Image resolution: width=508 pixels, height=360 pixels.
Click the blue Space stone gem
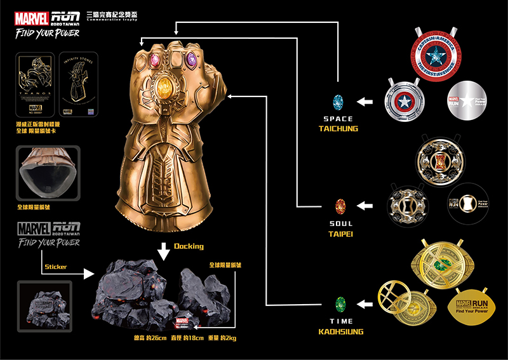coord(338,101)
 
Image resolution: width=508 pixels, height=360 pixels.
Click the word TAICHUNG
coord(338,129)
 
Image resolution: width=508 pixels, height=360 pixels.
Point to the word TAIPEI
coord(338,233)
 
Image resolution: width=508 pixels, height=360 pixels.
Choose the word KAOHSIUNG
coord(338,331)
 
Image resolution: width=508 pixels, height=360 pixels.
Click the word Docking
coord(189,246)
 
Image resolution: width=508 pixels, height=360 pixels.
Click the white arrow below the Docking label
coord(164,252)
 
